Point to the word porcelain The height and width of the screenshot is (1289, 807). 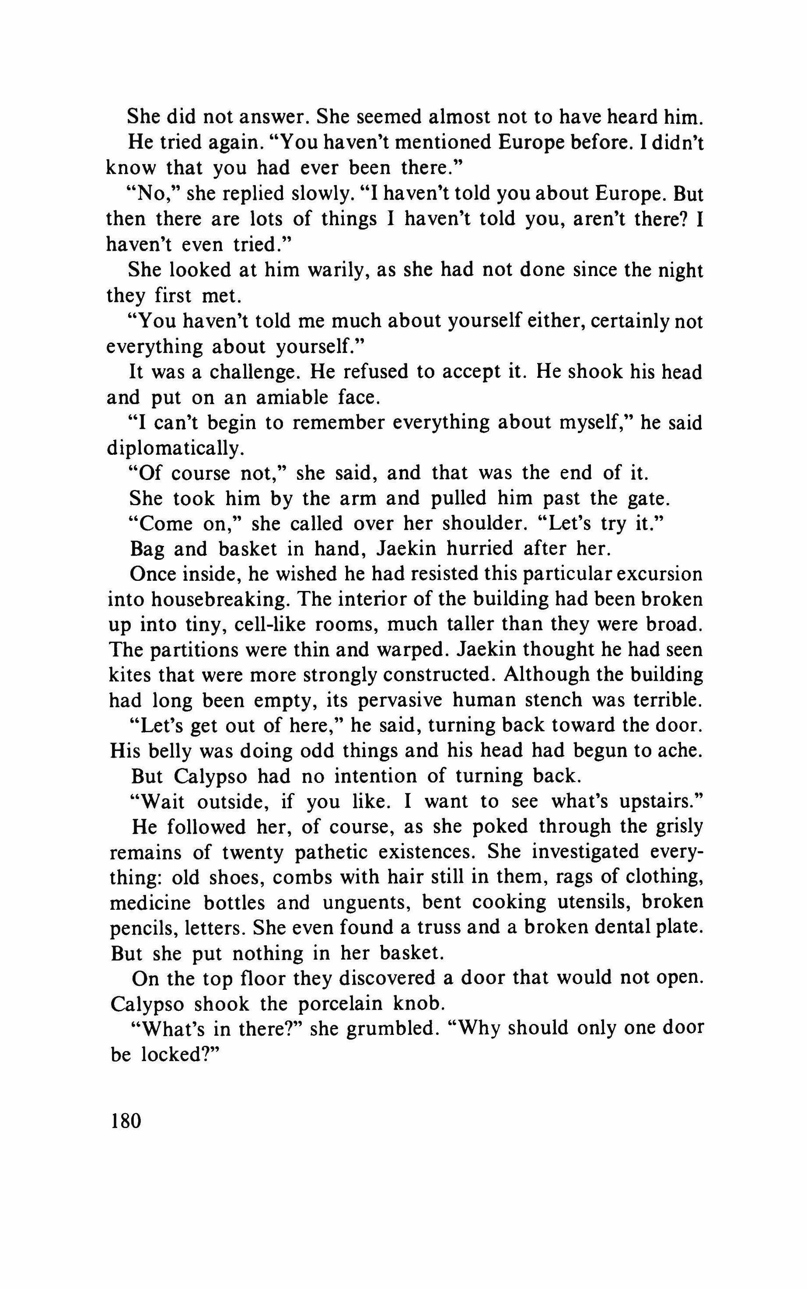point(341,1005)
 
